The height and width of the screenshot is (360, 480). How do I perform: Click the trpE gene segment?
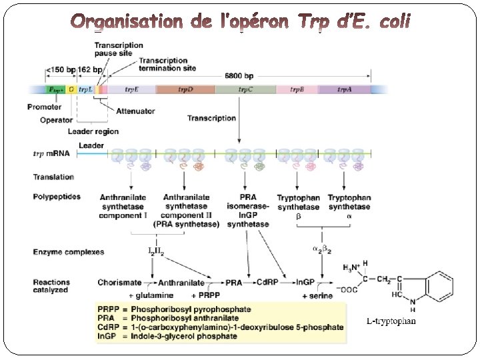[x=131, y=89]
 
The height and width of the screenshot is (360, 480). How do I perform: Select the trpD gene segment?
[x=185, y=89]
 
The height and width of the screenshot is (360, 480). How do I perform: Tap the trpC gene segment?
[x=245, y=89]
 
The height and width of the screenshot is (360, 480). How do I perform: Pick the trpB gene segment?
[x=296, y=89]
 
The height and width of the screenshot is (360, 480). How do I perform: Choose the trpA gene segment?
[x=345, y=89]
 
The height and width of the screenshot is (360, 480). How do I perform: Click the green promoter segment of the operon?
[x=56, y=89]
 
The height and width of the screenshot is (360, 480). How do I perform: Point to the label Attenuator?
[x=135, y=111]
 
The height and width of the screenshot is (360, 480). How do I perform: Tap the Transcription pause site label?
[x=118, y=49]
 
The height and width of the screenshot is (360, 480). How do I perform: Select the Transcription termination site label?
[x=167, y=63]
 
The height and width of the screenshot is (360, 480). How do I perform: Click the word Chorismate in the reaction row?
[x=119, y=283]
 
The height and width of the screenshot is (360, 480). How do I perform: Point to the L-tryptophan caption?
[x=392, y=321]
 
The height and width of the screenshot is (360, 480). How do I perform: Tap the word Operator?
[x=56, y=121]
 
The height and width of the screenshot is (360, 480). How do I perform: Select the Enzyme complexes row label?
[x=69, y=252]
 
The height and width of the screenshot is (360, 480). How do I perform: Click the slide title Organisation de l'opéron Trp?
[x=241, y=23]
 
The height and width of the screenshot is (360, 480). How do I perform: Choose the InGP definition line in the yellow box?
[x=167, y=336]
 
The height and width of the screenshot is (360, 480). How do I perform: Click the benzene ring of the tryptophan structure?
[x=439, y=287]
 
